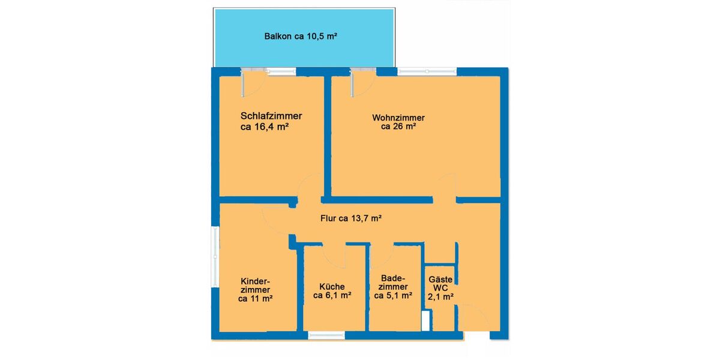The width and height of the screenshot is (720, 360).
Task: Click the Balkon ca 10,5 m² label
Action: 301,37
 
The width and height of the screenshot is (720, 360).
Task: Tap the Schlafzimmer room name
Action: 271,116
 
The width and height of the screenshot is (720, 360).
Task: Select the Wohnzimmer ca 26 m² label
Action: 398,122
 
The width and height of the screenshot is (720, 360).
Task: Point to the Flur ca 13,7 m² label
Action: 351,219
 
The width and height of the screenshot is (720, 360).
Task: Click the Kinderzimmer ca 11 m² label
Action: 256,290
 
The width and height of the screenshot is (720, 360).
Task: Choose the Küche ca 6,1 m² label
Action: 332,290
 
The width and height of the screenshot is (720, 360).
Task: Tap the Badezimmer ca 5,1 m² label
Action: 393,287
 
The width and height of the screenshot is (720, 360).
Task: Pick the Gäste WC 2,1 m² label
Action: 440,287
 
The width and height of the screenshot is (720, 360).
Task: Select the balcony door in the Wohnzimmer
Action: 361,83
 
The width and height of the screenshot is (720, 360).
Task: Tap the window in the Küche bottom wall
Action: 326,336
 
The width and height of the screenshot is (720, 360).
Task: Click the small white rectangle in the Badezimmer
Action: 425,321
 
